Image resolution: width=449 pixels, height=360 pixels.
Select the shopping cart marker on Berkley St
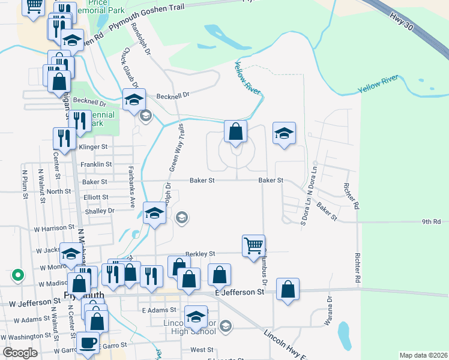(x=253, y=245)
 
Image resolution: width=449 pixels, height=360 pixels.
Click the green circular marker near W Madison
(x=18, y=275)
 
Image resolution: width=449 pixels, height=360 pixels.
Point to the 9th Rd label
(x=431, y=221)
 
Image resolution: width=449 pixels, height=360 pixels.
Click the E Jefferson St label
(x=240, y=292)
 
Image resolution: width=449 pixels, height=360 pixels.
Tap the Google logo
(x=20, y=353)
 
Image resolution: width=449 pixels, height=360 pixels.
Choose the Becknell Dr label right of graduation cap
(x=172, y=95)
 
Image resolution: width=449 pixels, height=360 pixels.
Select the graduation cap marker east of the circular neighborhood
(x=284, y=133)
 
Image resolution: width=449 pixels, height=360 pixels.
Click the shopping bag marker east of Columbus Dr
(x=288, y=289)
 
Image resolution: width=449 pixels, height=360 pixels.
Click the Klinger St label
(x=93, y=146)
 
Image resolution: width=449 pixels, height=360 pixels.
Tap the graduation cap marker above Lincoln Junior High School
(x=196, y=317)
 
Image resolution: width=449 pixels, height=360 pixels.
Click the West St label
(x=202, y=350)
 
